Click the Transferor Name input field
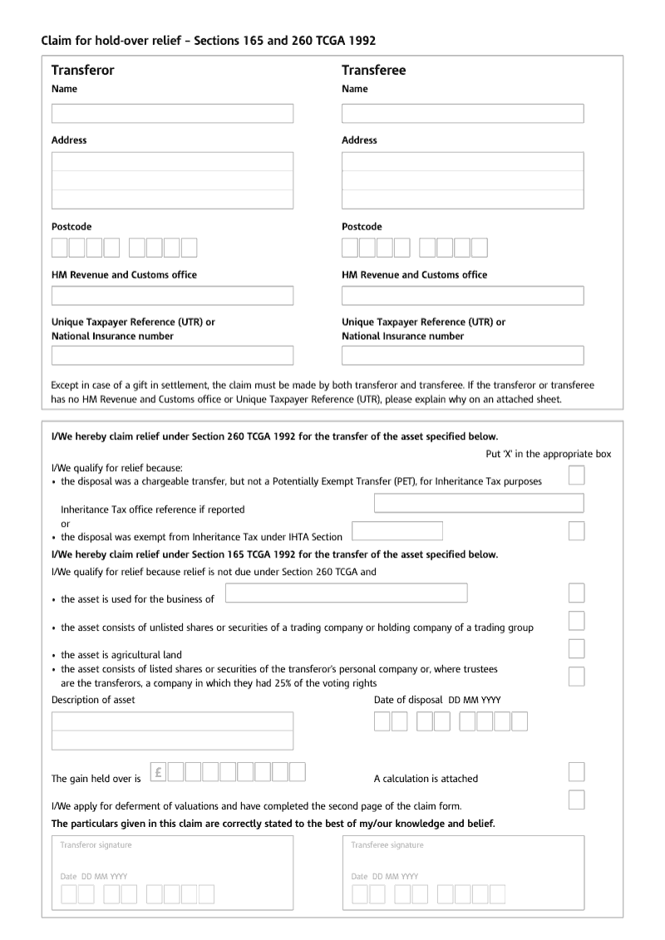172,113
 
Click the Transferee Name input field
462,113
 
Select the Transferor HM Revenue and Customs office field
172,296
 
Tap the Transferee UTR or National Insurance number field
462,356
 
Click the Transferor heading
82,71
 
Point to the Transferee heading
373,71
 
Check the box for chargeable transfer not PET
576,475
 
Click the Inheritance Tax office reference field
479,503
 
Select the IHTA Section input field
397,531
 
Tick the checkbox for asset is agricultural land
576,648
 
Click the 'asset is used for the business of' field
346,593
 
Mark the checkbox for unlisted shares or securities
576,621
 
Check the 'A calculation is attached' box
576,772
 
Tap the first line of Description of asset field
172,721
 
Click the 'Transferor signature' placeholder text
96,845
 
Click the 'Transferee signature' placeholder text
387,845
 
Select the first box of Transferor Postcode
60,248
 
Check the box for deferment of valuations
576,800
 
